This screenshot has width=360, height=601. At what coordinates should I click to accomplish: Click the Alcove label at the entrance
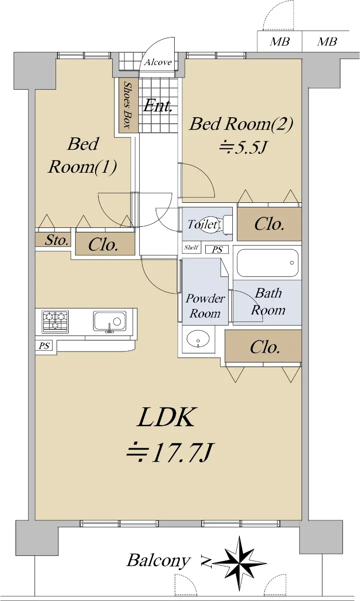point(158,62)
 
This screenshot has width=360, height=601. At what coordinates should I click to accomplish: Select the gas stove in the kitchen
point(55,322)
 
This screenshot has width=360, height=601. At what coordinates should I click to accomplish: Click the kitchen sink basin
point(110,321)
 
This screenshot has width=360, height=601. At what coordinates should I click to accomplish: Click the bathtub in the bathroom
point(267,263)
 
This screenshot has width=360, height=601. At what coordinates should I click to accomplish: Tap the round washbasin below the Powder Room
point(198,339)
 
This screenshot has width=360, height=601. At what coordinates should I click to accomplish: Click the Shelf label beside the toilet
point(191,247)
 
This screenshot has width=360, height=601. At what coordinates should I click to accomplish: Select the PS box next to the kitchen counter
point(44,346)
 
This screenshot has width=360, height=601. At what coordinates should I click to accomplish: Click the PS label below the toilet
point(217,249)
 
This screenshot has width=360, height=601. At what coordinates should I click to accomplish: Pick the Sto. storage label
point(56,240)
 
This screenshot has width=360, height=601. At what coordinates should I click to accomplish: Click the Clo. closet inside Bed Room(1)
point(105,243)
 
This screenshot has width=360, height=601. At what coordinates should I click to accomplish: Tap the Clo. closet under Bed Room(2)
point(269,224)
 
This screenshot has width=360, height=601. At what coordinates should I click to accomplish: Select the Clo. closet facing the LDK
point(263,346)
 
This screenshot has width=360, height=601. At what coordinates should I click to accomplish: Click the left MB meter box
point(279,41)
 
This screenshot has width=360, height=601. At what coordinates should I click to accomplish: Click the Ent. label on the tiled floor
point(157,106)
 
